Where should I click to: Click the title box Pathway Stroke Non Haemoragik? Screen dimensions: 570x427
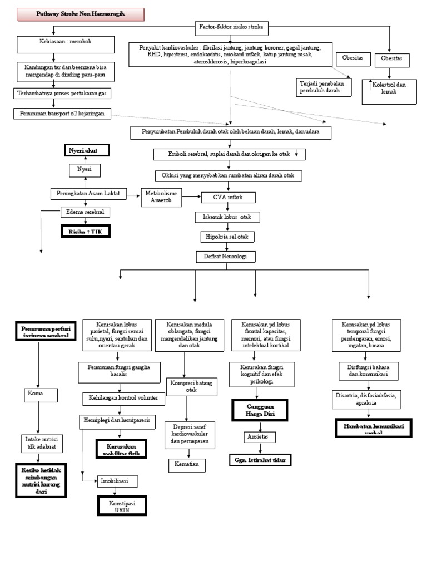[81, 14]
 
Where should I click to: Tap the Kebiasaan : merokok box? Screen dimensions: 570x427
[66, 43]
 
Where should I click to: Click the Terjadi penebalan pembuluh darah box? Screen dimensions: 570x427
[323, 86]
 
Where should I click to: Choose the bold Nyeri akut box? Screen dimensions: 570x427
[86, 150]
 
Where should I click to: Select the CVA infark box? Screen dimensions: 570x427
[227, 197]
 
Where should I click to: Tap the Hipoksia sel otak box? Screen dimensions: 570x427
[227, 237]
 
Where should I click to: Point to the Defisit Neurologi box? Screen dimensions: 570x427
[227, 257]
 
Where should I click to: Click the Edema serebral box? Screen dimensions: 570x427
[85, 212]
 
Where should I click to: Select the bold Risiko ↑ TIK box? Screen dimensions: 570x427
[85, 231]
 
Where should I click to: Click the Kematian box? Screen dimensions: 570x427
[187, 464]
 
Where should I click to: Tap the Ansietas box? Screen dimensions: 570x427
[260, 437]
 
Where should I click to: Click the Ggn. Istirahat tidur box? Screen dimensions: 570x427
[260, 460]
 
